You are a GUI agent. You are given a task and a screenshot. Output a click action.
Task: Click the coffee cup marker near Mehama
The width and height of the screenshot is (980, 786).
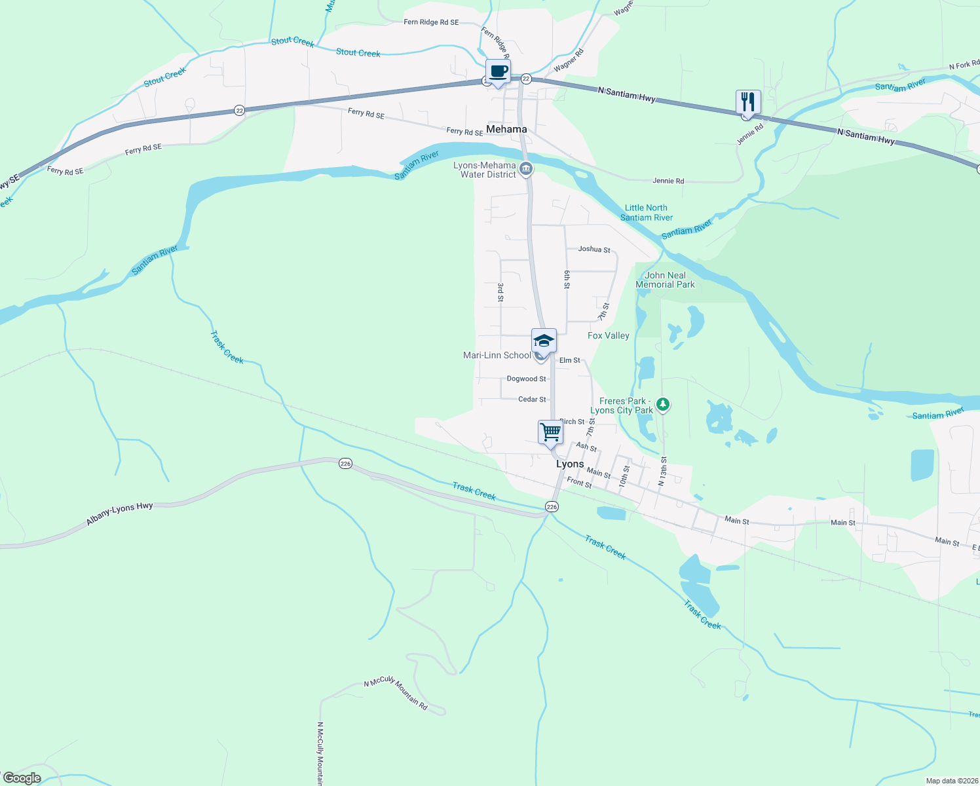pyautogui.click(x=498, y=71)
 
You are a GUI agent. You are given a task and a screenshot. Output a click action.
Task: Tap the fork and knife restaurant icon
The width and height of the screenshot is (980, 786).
pyautogui.click(x=748, y=102)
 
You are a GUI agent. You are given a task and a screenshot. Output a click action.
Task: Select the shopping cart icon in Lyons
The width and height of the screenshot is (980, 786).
pyautogui.click(x=550, y=432)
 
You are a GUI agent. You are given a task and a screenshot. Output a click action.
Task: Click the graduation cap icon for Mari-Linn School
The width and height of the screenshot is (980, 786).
pyautogui.click(x=544, y=341)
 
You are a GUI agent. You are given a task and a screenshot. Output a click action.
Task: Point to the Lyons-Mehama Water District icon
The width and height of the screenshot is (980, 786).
pyautogui.click(x=525, y=170)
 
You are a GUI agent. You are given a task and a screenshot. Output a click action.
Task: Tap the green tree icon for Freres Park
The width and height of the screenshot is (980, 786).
pyautogui.click(x=663, y=405)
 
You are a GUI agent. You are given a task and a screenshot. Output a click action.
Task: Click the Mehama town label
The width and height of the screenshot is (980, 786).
pyautogui.click(x=506, y=129)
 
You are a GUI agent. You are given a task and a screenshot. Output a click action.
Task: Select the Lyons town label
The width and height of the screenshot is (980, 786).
pyautogui.click(x=570, y=464)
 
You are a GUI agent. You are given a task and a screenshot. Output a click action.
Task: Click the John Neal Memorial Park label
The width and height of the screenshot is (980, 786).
pyautogui.click(x=665, y=280)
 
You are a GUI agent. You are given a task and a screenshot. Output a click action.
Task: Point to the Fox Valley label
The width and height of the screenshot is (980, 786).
pyautogui.click(x=608, y=335)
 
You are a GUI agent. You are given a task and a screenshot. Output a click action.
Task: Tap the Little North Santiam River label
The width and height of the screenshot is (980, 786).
pyautogui.click(x=646, y=213)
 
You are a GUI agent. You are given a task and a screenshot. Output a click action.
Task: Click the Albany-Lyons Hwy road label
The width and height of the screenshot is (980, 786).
pyautogui.click(x=119, y=514)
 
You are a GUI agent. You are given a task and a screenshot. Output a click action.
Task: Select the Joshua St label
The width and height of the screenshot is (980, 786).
pyautogui.click(x=594, y=250)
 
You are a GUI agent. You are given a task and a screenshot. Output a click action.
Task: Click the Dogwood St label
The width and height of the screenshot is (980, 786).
pyautogui.click(x=526, y=379)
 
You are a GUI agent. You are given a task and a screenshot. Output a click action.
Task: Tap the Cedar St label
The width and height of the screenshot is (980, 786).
pyautogui.click(x=532, y=399)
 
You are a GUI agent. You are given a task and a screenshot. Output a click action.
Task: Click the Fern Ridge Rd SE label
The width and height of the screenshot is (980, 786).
pyautogui.click(x=431, y=22)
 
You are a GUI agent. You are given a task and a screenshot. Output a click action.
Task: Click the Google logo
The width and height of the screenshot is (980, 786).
pyautogui.click(x=22, y=778)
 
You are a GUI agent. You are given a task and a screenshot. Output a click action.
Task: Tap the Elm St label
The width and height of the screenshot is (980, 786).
pyautogui.click(x=569, y=360)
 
